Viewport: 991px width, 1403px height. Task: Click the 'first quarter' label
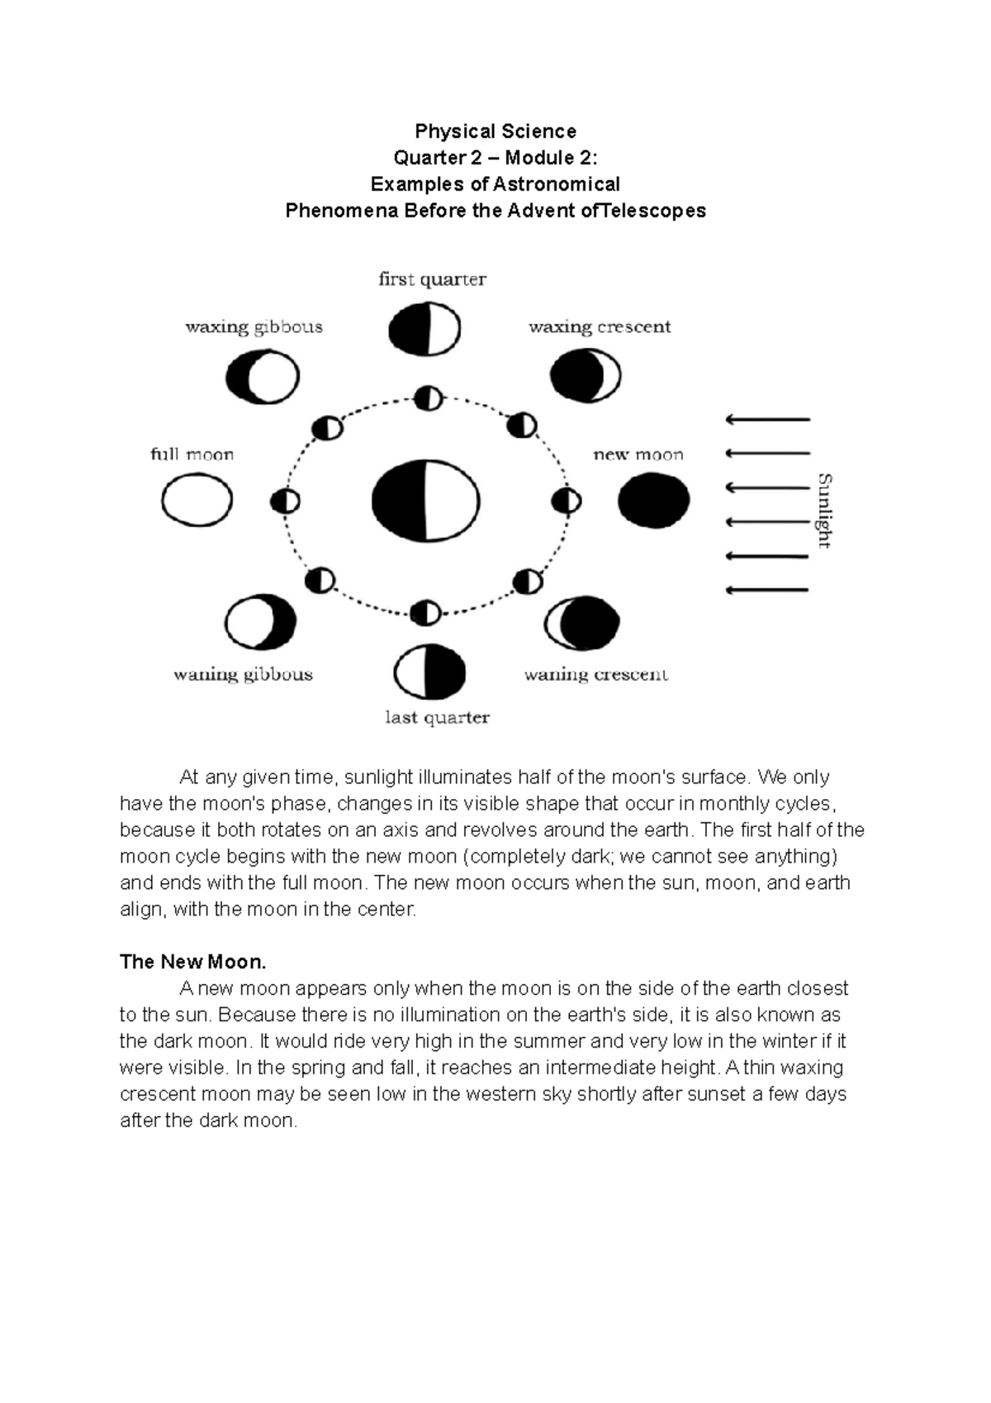[432, 279]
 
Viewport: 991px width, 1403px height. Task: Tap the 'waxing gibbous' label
[254, 326]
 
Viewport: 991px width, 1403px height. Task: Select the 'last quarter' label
[437, 717]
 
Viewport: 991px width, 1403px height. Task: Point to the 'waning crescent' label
[595, 674]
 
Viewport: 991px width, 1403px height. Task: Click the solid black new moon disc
[653, 501]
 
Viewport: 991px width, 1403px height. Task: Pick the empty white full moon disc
[197, 500]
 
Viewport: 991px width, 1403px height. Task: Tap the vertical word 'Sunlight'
[823, 510]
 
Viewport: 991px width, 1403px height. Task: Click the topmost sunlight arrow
[767, 420]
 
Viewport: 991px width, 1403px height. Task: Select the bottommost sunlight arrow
[767, 590]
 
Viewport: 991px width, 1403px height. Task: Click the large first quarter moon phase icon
[424, 329]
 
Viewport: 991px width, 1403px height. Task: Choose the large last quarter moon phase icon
[429, 672]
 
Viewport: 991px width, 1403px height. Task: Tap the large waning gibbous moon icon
[260, 622]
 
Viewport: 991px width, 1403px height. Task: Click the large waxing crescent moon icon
[585, 376]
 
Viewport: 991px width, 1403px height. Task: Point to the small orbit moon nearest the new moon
[566, 501]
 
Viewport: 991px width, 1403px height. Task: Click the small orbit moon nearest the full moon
[285, 502]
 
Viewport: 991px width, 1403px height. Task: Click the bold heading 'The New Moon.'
[192, 962]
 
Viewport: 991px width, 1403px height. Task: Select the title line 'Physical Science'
[495, 131]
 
